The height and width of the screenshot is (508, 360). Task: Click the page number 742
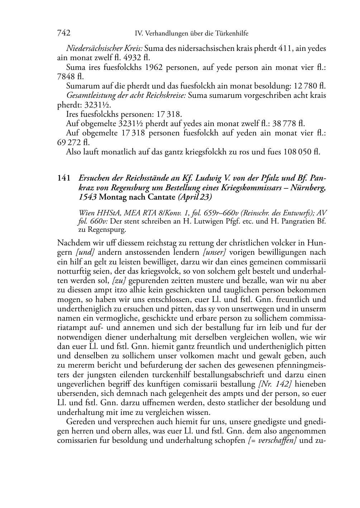(63, 33)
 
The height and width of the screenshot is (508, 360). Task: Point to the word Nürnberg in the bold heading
(310, 187)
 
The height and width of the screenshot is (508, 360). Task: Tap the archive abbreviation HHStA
(105, 213)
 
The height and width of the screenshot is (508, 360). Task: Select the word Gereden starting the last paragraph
(80, 422)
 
